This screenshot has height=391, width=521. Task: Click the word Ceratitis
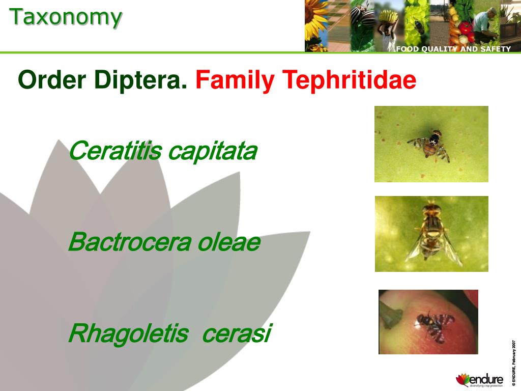114,151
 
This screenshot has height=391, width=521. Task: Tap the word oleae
228,242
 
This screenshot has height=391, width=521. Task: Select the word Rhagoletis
128,334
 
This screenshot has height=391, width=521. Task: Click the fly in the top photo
431,144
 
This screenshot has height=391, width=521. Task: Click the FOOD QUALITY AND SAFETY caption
453,49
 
